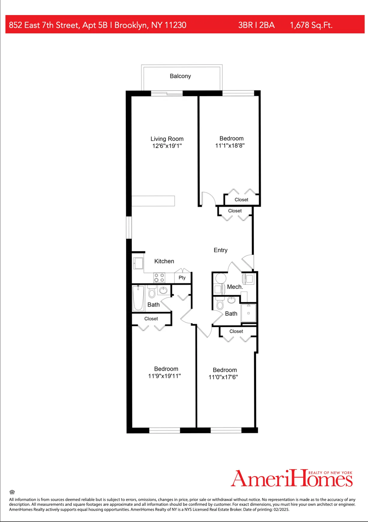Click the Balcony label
click(180, 76)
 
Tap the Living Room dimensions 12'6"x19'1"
click(167, 146)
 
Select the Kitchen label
click(164, 261)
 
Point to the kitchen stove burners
click(159, 278)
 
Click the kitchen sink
click(138, 263)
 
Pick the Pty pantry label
click(182, 278)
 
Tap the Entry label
click(220, 250)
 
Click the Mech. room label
click(235, 287)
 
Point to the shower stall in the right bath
click(249, 313)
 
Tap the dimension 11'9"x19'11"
click(164, 376)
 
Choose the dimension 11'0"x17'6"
click(223, 377)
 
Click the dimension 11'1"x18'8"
click(230, 146)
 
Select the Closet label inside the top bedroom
click(241, 200)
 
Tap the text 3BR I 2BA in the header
click(256, 25)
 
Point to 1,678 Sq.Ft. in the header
click(311, 25)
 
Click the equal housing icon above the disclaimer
click(12, 492)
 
